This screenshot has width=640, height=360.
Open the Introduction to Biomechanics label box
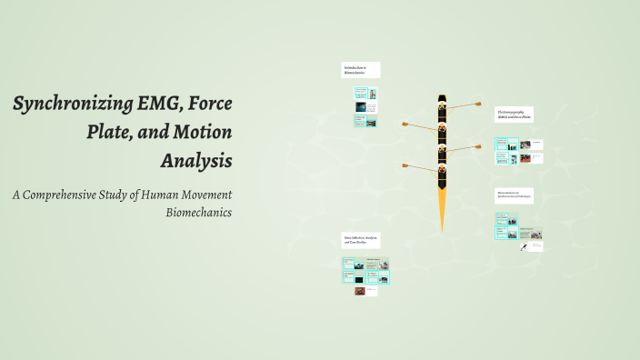[x=360, y=70]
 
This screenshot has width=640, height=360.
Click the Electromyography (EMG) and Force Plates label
[x=514, y=115]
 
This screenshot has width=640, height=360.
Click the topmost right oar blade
[x=477, y=104]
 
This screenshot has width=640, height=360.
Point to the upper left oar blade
[x=405, y=125]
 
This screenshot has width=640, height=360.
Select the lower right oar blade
[x=477, y=145]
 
